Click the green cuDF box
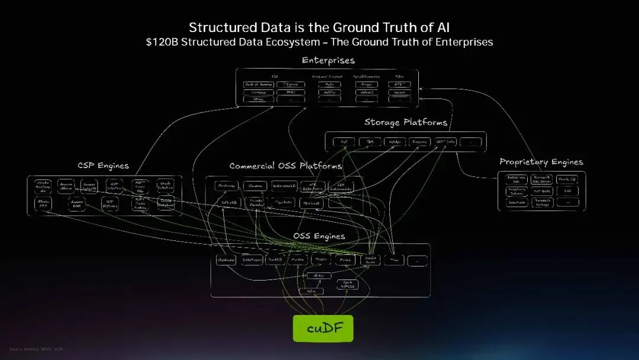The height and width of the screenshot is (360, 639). coord(322,328)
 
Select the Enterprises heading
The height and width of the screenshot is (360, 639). coord(328,60)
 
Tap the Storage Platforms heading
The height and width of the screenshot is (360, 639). coord(405,123)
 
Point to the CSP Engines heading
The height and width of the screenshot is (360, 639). coord(103,165)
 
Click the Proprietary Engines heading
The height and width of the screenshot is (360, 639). coord(541,162)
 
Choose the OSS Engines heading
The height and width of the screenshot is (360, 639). coord(319,236)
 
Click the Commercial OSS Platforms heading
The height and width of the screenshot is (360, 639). coord(286,166)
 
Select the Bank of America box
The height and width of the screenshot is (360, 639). coord(258,85)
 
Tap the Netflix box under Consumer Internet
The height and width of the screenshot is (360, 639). coord(330,92)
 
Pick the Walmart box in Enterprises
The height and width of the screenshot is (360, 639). coord(367,92)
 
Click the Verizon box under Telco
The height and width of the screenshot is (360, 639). coord(399,92)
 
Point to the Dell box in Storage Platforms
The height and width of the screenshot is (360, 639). coord(344,142)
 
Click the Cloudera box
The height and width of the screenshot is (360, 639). coord(256,186)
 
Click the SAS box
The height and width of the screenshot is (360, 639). coord(567,191)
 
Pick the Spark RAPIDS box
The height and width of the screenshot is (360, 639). coord(348,284)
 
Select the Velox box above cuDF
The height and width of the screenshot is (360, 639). coord(310,291)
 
